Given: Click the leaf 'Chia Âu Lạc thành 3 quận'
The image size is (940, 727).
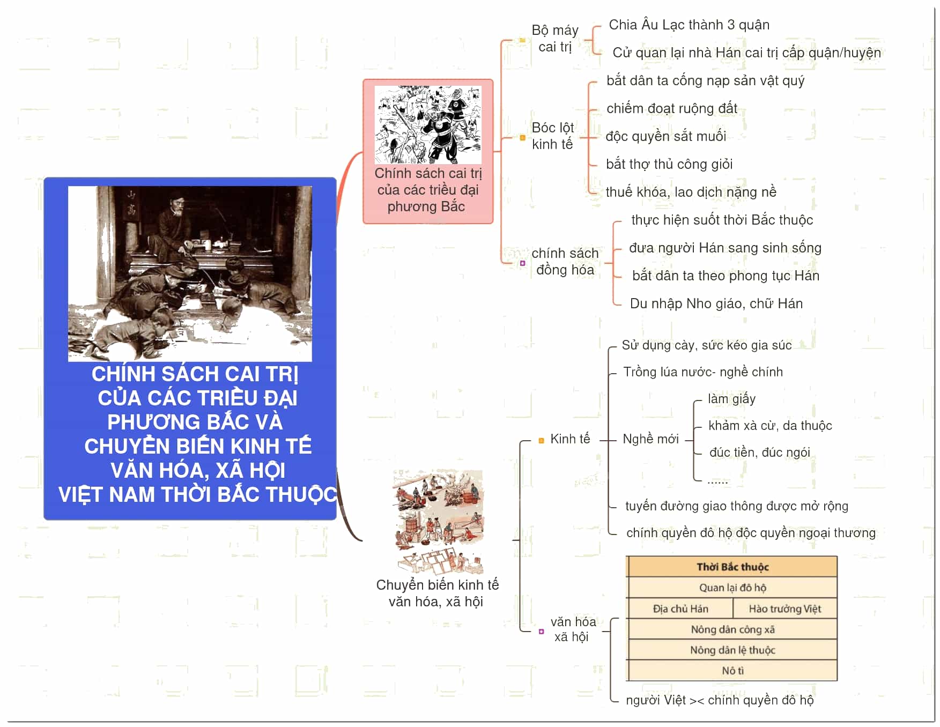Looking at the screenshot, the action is click(689, 25).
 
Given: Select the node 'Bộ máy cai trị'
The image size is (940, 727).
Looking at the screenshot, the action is click(555, 39).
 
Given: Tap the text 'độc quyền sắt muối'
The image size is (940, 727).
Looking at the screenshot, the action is click(666, 136).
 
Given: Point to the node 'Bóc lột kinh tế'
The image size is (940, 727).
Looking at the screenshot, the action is click(552, 136).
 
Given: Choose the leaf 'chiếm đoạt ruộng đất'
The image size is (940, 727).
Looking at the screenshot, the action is click(672, 108).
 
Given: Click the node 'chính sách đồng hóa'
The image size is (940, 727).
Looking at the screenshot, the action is click(565, 262).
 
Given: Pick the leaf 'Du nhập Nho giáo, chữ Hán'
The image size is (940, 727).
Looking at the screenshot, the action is click(716, 303).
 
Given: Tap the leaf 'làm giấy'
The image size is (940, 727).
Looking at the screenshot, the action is click(731, 399).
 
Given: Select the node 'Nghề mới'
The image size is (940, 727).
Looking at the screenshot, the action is click(650, 439).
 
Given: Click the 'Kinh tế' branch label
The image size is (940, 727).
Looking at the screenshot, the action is click(570, 439).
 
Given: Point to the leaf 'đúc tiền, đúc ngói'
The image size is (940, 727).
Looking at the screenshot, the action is click(759, 452).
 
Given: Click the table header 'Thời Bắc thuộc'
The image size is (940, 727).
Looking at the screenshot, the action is click(732, 567).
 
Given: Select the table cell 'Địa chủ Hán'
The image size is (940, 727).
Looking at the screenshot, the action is click(680, 609).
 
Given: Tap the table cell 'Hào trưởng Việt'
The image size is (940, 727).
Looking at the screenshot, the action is click(785, 609).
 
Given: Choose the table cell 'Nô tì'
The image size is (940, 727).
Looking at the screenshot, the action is click(732, 671).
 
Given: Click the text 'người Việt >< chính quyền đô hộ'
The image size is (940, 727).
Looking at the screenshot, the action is click(720, 700).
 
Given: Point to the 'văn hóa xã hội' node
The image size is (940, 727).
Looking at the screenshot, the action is click(573, 629).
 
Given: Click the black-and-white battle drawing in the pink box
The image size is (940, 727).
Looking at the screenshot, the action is click(428, 124).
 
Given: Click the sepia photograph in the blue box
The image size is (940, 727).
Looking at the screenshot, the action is click(190, 273).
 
